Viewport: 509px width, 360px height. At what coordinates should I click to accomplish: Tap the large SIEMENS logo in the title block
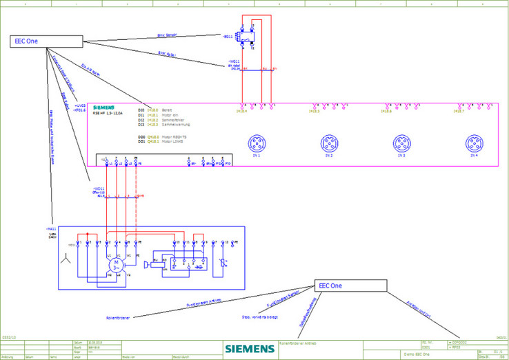(248, 348)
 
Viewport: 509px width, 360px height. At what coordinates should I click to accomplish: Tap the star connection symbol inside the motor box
(65, 260)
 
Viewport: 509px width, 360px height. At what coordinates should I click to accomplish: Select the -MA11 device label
(50, 228)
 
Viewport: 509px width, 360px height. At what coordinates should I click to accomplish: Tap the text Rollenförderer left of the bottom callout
(117, 317)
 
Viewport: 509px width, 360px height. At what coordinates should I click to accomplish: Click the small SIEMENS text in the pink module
(103, 109)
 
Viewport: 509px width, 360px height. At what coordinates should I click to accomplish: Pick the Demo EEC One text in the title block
(417, 353)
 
